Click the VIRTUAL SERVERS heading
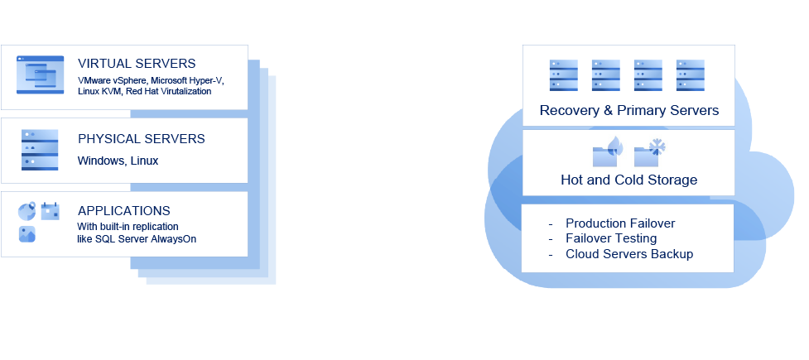tap(137, 64)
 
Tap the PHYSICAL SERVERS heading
tap(141, 139)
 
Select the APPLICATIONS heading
tap(124, 210)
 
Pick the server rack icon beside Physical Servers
tap(39, 149)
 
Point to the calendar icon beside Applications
tap(51, 211)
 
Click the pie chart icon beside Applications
tap(26, 211)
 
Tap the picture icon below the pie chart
tap(27, 234)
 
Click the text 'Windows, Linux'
tap(118, 161)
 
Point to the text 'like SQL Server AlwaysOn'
tap(137, 238)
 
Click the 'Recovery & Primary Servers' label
tap(628, 110)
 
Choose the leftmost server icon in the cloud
tap(564, 74)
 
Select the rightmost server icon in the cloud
tap(690, 74)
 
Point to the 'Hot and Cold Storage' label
tap(628, 180)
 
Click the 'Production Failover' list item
tap(620, 223)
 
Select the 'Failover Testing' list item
tap(611, 238)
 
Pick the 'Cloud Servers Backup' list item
tap(629, 254)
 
